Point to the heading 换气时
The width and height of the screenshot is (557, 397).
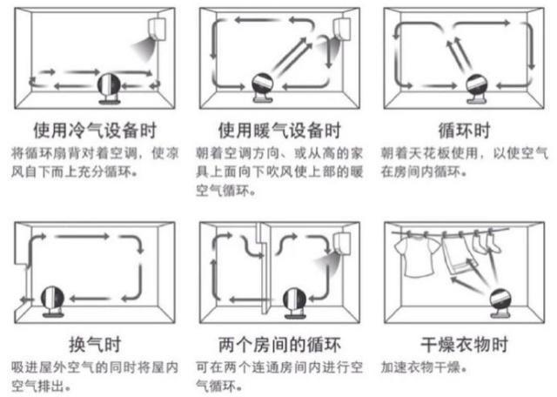pyautogui.click(x=94, y=340)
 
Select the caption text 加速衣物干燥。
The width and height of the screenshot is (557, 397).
pyautogui.click(x=416, y=367)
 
